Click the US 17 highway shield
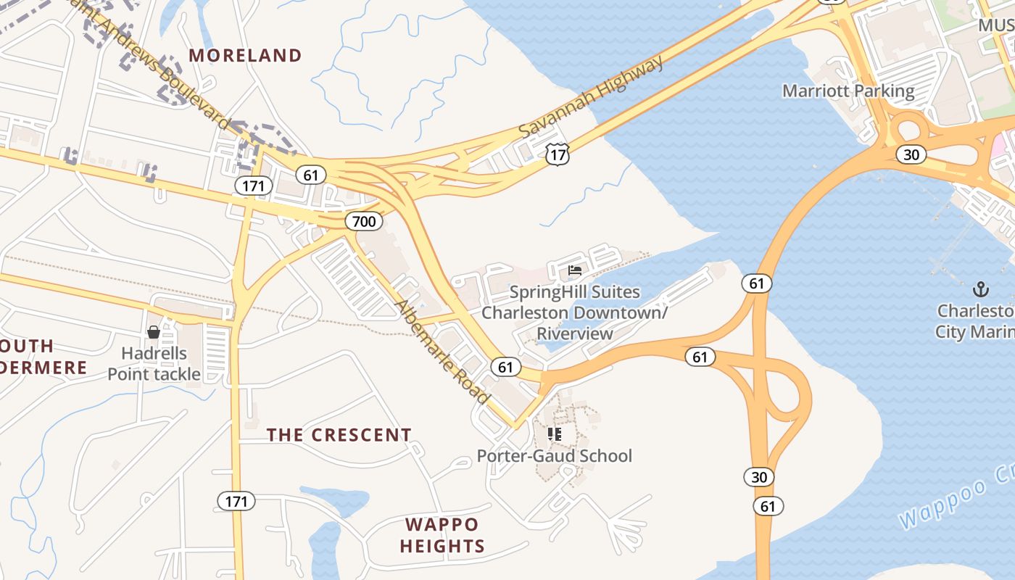tap(558, 154)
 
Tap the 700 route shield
tap(363, 220)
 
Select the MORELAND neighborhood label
tap(245, 55)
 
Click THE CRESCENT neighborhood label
tap(339, 435)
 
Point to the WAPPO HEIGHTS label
tap(442, 535)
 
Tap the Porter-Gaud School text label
tap(554, 456)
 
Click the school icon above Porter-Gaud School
tap(555, 434)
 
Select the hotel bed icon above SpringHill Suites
tap(575, 271)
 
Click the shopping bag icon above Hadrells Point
tap(154, 333)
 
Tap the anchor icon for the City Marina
tap(980, 290)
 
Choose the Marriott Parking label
tap(848, 91)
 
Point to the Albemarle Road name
tap(442, 352)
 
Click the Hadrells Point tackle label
tap(154, 364)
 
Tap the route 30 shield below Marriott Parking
tap(911, 154)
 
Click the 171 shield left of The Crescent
tap(236, 501)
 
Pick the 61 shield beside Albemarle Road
tap(505, 367)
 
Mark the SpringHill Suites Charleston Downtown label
tap(574, 312)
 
